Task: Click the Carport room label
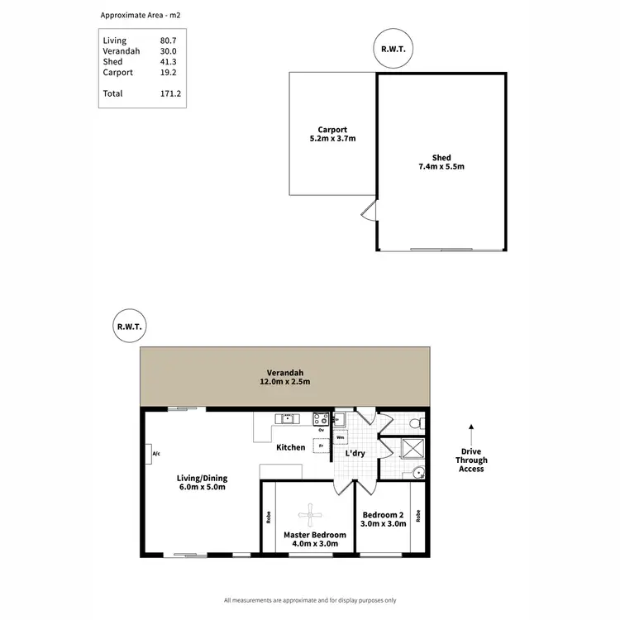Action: pos(332,130)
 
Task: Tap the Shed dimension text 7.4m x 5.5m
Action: pos(441,167)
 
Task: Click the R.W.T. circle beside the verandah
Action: pos(129,327)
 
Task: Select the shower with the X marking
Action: pos(412,448)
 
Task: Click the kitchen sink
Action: pos(287,418)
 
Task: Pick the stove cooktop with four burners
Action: pos(319,418)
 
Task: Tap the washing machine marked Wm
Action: pos(340,437)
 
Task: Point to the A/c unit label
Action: pos(155,454)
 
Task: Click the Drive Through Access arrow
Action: pos(471,433)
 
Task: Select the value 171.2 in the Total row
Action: pos(169,93)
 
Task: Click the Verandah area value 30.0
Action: pos(169,51)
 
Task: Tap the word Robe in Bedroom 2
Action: pos(418,517)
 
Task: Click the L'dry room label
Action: pos(355,454)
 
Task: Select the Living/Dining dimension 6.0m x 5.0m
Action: pos(202,488)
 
